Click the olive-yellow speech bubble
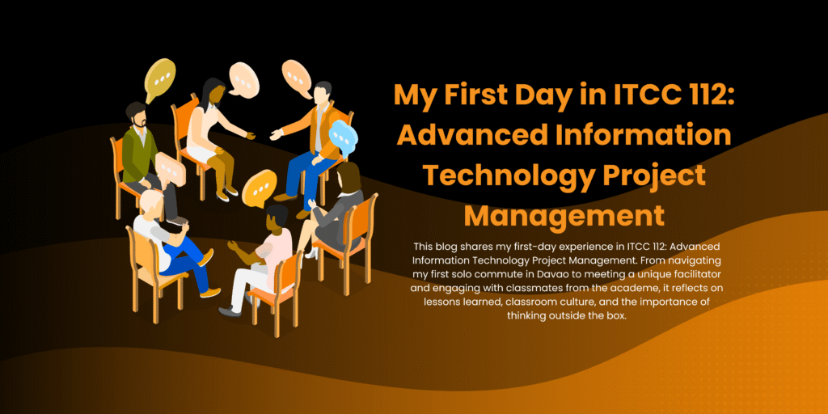(159, 78)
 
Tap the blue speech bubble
(342, 136)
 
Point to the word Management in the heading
(564, 215)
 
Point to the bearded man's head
(136, 115)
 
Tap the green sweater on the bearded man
(137, 152)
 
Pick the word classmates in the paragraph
(556, 289)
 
